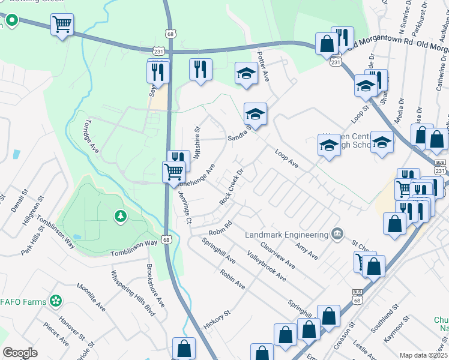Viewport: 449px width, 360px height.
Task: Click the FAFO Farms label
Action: pyautogui.click(x=23, y=299)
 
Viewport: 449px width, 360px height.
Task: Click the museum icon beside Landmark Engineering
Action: pyautogui.click(x=337, y=233)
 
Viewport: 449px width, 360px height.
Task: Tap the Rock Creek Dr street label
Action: pyautogui.click(x=232, y=187)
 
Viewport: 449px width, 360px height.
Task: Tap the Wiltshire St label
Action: pyautogui.click(x=196, y=139)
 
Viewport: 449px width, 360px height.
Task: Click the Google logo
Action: pyautogui.click(x=20, y=353)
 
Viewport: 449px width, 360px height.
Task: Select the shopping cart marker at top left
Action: pyautogui.click(x=62, y=25)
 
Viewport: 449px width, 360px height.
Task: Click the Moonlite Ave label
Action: pyautogui.click(x=91, y=297)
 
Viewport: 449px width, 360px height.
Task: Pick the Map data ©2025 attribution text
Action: pyautogui.click(x=423, y=355)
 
